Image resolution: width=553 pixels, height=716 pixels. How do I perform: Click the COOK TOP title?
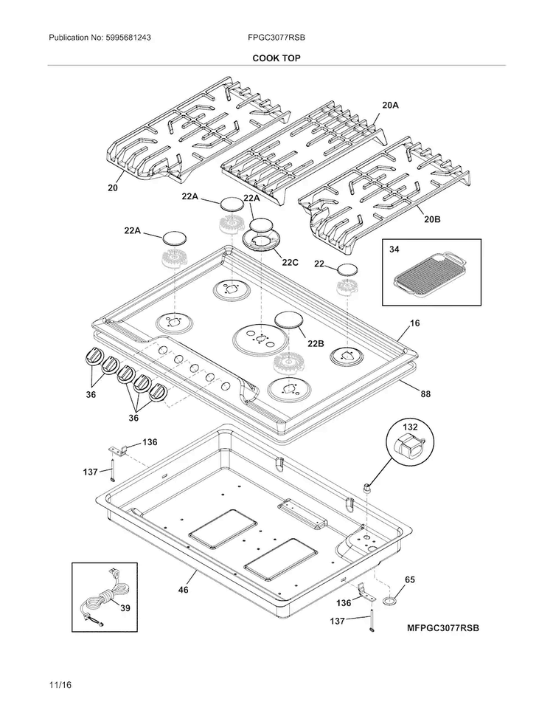[276, 58]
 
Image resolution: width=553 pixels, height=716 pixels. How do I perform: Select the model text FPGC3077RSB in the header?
[276, 38]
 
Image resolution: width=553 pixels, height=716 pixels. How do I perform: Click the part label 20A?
[390, 105]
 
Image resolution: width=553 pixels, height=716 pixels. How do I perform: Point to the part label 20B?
[432, 219]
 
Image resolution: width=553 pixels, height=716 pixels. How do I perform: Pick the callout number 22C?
[291, 263]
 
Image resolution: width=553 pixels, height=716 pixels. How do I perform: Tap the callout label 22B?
[315, 343]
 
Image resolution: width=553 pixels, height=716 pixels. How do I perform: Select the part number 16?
[414, 323]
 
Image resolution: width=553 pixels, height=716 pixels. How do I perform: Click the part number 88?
[425, 393]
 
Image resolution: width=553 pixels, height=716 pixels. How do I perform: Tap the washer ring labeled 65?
[389, 602]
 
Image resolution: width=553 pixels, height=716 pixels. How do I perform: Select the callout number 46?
[183, 590]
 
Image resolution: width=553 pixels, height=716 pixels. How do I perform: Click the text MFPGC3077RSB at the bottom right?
[443, 628]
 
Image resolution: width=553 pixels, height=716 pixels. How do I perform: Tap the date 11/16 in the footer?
[60, 685]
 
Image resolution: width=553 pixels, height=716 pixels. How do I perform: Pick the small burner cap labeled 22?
[347, 270]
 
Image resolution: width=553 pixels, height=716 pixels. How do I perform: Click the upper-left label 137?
[91, 472]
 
